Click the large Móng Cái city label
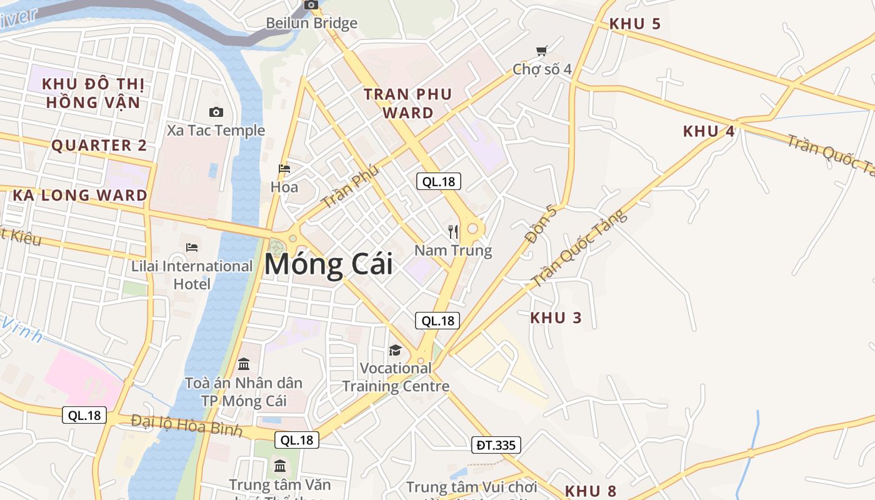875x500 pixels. click(329, 264)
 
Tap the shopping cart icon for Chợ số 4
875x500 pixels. click(541, 51)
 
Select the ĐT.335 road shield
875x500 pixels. click(496, 445)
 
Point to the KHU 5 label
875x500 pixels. click(635, 24)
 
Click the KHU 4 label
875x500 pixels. click(709, 131)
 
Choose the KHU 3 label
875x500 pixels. click(556, 317)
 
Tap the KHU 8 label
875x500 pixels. click(591, 491)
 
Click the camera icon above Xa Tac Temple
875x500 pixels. click(216, 112)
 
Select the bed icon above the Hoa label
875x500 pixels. click(284, 169)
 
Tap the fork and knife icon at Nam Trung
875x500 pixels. click(454, 232)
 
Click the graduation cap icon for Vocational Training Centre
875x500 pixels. click(395, 350)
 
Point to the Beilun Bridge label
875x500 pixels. click(311, 23)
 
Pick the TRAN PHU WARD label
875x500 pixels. click(408, 104)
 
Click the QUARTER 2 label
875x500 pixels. click(99, 146)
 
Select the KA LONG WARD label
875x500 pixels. click(80, 195)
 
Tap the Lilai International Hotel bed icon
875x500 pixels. click(192, 247)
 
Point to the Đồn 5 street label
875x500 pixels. click(541, 224)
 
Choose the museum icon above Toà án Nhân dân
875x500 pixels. click(244, 364)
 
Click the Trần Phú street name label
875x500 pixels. click(350, 186)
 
